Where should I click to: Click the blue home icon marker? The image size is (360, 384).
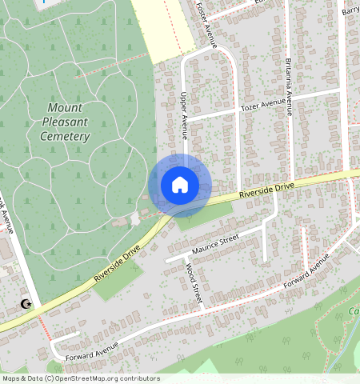pos(180,185)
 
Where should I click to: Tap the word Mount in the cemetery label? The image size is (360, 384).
pos(65,107)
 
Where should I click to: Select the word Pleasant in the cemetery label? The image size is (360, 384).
pos(65,122)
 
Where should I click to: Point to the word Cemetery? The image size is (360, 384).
pos(65,137)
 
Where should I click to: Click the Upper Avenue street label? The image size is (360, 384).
pos(183,112)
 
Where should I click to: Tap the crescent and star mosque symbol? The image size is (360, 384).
pos(26,304)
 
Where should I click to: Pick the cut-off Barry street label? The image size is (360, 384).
pos(350,11)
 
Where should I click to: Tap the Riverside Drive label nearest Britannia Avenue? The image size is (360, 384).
pos(267,190)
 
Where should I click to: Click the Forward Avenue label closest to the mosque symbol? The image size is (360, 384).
pos(92,350)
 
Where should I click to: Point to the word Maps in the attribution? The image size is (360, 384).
pos(11,378)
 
